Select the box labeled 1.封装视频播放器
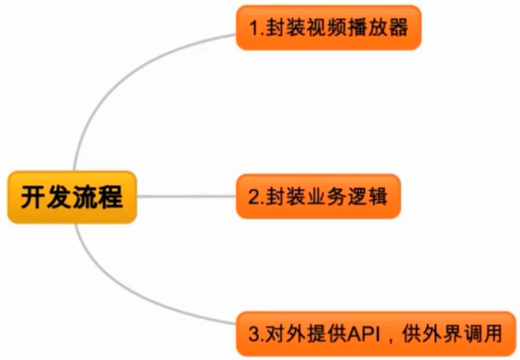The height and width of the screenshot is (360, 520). point(328,28)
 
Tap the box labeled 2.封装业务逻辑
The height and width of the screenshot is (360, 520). point(317,197)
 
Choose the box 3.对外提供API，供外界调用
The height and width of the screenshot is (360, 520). point(375,334)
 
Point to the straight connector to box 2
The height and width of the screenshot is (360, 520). point(186,197)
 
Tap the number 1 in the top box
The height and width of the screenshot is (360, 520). point(253,28)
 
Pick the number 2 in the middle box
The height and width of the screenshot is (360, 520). point(253,197)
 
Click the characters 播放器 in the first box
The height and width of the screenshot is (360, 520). point(382,28)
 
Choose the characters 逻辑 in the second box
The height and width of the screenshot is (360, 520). point(365,197)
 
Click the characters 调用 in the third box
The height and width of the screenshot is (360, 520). point(486,334)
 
